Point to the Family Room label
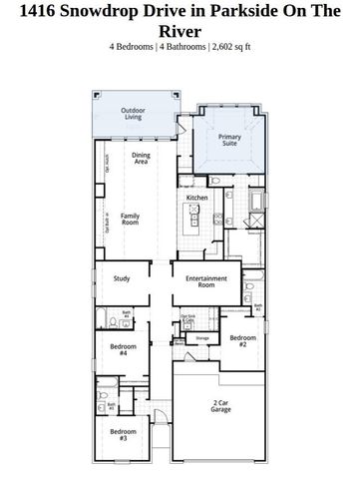tap(131, 220)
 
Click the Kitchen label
tap(195, 198)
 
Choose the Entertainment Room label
tap(206, 282)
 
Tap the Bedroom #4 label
tap(118, 349)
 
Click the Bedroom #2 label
tap(243, 340)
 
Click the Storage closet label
tap(202, 339)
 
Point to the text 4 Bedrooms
tap(136, 46)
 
